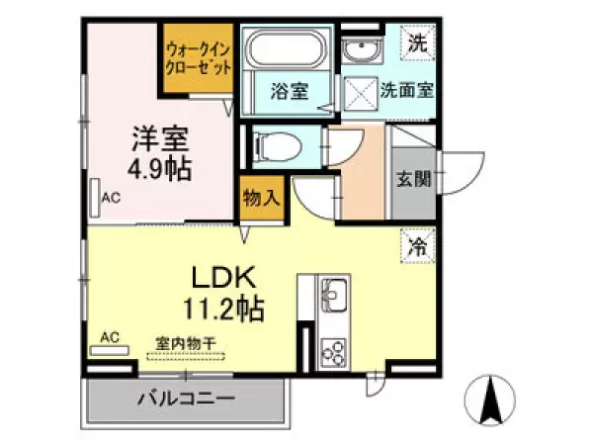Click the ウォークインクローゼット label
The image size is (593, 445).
(199, 59)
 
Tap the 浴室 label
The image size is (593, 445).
(289, 92)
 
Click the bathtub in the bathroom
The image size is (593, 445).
(289, 50)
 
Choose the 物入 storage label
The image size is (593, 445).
(261, 198)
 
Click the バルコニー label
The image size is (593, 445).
(186, 400)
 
